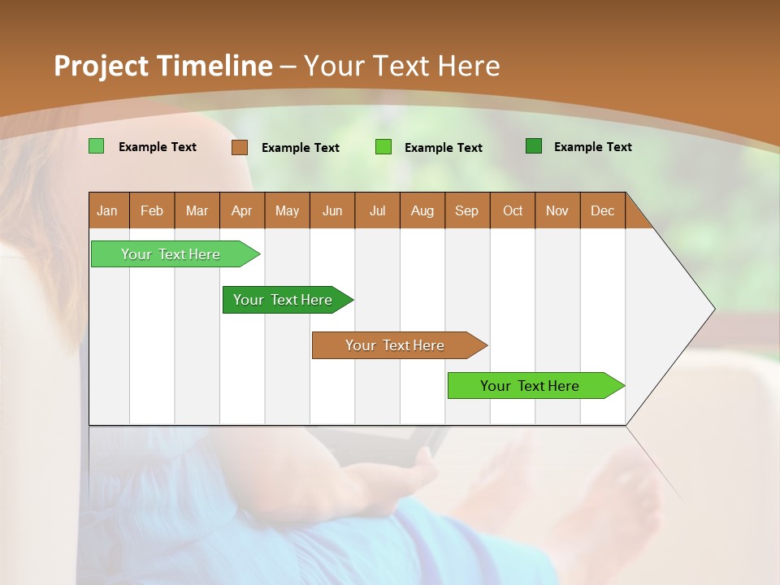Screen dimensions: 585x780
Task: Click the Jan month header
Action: click(x=108, y=210)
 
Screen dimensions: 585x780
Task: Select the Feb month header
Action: click(x=152, y=210)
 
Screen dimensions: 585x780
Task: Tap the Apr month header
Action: click(x=242, y=210)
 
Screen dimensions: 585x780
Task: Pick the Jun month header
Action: click(x=332, y=210)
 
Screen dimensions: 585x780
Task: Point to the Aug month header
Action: click(x=422, y=210)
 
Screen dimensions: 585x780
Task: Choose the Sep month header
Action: click(x=467, y=210)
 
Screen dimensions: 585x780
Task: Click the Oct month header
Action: click(x=513, y=210)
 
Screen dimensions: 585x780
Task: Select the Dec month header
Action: click(x=603, y=210)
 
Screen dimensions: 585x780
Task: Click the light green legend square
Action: click(x=97, y=146)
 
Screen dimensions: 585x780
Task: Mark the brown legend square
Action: click(x=240, y=147)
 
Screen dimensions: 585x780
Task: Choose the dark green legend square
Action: click(x=534, y=146)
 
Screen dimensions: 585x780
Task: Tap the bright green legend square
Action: click(x=383, y=147)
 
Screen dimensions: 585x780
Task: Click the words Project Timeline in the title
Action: click(x=163, y=66)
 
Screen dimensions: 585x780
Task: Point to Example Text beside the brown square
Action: click(x=301, y=148)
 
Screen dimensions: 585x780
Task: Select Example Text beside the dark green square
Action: click(x=593, y=147)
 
